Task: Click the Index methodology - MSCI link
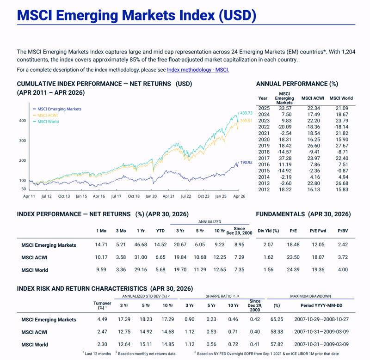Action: pyautogui.click(x=198, y=70)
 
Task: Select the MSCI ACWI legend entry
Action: pyautogui.click(x=45, y=115)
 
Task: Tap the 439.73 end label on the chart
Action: pyautogui.click(x=246, y=113)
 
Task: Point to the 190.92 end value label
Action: pyautogui.click(x=246, y=162)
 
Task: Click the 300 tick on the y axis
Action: pyautogui.click(x=23, y=140)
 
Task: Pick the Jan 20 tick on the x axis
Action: pyautogui.click(x=151, y=196)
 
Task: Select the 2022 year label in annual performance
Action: pyautogui.click(x=264, y=127)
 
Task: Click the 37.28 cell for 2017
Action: pyautogui.click(x=285, y=158)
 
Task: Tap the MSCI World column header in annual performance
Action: pyautogui.click(x=341, y=98)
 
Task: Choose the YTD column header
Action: pyautogui.click(x=160, y=231)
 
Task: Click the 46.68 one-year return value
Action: pyautogui.click(x=141, y=245)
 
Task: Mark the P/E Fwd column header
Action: pyautogui.click(x=318, y=231)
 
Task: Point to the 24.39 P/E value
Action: pyautogui.click(x=293, y=270)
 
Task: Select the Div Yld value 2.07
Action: pyautogui.click(x=268, y=245)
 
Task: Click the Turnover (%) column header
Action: pyautogui.click(x=102, y=305)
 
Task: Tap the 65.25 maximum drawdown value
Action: pyautogui.click(x=277, y=319)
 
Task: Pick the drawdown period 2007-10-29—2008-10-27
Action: pyautogui.click(x=321, y=319)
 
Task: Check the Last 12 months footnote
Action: pyautogui.click(x=97, y=354)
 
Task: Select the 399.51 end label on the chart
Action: pyautogui.click(x=246, y=121)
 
